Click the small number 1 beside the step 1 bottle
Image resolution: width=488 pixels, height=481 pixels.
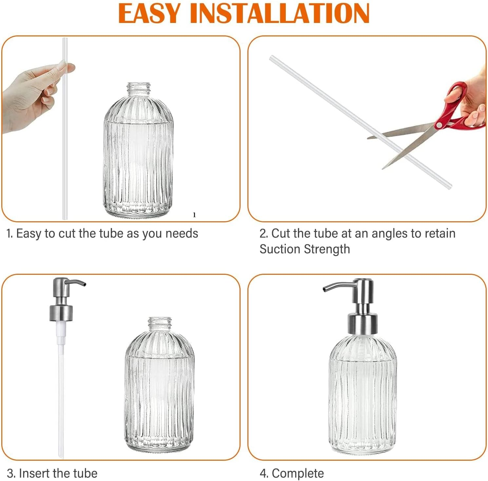point(194,215)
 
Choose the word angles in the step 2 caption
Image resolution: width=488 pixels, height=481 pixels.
point(390,233)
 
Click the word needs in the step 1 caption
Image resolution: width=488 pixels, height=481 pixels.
point(182,233)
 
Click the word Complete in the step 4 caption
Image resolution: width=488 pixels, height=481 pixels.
point(298,473)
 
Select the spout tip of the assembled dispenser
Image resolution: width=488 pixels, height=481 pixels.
point(325,289)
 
